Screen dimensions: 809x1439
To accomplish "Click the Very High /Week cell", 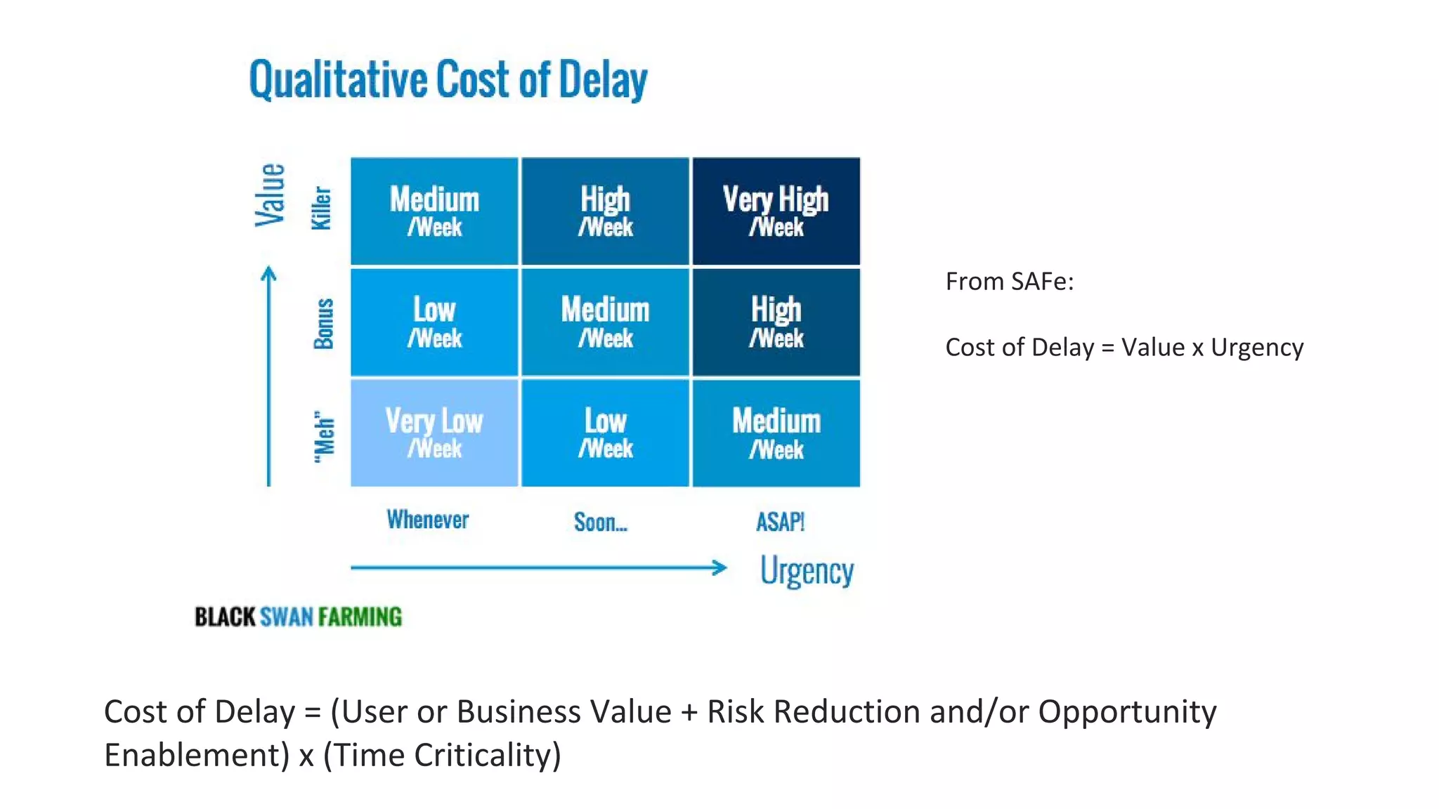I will [x=776, y=211].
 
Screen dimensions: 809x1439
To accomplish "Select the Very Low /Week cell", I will [x=434, y=433].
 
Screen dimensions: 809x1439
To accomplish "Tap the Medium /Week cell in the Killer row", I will [x=434, y=211].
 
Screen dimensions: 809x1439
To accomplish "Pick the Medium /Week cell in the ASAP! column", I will [x=776, y=433].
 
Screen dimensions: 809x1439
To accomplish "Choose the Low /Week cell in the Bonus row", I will [x=434, y=322].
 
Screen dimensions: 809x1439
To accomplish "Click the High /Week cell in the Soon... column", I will [x=605, y=211].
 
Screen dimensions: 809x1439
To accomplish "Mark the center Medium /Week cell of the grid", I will [x=605, y=322].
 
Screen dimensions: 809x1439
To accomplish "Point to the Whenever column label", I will [x=427, y=520].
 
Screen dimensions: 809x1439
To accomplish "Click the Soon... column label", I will [x=600, y=522].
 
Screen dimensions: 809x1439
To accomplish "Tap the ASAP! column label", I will [x=780, y=522].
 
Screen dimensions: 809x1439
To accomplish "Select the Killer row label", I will [x=322, y=208].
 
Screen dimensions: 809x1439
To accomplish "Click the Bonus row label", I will [x=323, y=323].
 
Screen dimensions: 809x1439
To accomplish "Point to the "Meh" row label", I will [x=324, y=437].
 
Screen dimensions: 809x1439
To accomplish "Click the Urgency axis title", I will [x=807, y=570].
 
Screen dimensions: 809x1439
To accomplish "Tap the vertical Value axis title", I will [x=270, y=195].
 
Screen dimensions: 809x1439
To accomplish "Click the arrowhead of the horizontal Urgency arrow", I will [x=720, y=567].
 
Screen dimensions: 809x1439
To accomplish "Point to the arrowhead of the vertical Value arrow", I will [x=268, y=273].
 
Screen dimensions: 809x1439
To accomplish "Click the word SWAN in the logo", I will [x=286, y=617].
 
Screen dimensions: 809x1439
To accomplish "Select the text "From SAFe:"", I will [x=1009, y=282].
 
